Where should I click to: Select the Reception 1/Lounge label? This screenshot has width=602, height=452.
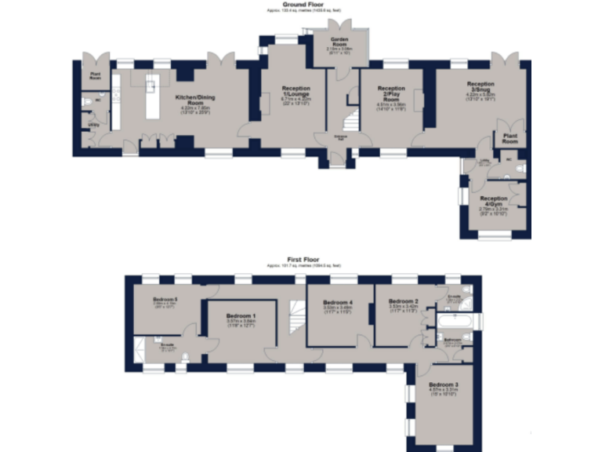(296, 93)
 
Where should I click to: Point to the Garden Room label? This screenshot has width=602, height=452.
(339, 44)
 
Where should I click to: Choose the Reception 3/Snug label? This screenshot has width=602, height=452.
(481, 88)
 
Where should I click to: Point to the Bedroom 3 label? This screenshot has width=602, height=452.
(444, 385)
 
